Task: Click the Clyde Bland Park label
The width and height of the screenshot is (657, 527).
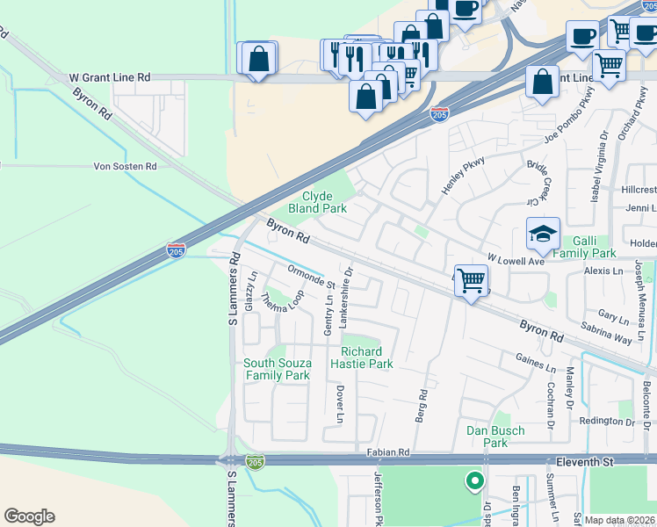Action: coord(324,203)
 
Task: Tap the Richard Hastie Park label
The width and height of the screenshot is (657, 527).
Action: coord(362,357)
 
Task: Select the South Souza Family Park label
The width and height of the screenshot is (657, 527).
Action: coord(277,370)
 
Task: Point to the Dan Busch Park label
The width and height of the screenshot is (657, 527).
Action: coord(495,437)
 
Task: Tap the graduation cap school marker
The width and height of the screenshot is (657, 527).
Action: coord(544,235)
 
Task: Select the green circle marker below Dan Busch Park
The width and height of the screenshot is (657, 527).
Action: coord(474,480)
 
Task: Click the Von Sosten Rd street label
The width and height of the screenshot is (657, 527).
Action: coord(125,166)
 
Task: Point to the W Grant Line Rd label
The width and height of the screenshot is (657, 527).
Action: coord(110,78)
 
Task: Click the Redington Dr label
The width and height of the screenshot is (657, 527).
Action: coord(607,421)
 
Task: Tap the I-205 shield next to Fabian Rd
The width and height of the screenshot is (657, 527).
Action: coord(255,461)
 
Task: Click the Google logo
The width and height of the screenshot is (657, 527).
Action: coord(29,516)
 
